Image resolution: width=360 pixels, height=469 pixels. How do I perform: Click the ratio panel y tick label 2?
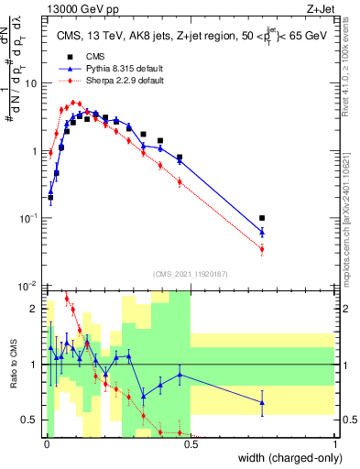(33, 308)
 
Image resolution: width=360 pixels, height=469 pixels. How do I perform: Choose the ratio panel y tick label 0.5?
(29, 420)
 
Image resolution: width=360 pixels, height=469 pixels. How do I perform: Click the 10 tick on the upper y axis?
(29, 82)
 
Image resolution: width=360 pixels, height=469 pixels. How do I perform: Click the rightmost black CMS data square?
(262, 218)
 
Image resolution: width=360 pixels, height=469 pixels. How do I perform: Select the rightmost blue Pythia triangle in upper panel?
(262, 232)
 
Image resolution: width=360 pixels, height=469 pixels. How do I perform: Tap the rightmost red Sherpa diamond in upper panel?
(262, 249)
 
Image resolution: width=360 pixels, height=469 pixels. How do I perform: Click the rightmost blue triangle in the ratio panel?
(262, 402)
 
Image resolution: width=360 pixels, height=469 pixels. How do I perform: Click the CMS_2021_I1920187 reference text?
(190, 273)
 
